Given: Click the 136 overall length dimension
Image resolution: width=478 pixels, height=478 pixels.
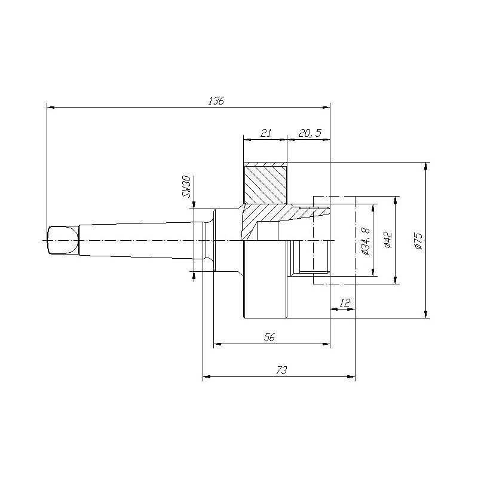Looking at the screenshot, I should point(216,101).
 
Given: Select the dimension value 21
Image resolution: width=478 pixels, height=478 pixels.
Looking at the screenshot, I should point(266,133).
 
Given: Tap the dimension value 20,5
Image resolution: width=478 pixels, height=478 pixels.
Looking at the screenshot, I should point(309,133).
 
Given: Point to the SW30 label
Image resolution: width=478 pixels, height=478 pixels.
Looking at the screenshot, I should point(186,187).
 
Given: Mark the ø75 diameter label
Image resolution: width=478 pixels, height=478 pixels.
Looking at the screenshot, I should point(418,240).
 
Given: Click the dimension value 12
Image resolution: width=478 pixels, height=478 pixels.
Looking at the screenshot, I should point(344,303).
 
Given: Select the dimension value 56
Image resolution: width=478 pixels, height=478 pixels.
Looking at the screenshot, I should point(269,338).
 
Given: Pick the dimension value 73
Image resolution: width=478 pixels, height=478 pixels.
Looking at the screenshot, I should point(281,370).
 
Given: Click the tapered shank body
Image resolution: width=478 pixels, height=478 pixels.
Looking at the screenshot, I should point(137,240).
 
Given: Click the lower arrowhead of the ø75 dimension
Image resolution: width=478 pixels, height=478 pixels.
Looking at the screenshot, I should point(425,314).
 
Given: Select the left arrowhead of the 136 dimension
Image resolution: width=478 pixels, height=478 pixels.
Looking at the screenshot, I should point(51,108).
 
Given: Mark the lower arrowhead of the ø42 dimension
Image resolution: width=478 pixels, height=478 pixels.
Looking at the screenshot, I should point(395,280).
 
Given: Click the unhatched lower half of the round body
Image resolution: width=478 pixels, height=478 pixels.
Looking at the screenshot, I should point(265,281).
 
